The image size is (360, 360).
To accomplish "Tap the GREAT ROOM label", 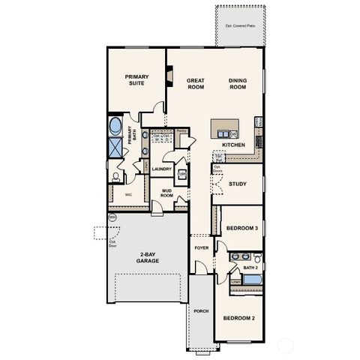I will (x=196, y=82).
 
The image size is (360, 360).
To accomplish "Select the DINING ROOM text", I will (x=237, y=82).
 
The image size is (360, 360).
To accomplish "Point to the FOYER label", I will (x=200, y=247).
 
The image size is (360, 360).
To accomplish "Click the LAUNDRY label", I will (x=161, y=169).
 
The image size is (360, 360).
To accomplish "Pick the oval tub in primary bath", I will (x=116, y=124).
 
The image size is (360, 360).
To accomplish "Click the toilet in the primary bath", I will (x=115, y=176).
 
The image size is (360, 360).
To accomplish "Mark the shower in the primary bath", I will (x=115, y=148).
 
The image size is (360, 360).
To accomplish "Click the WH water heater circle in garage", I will (x=112, y=217).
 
